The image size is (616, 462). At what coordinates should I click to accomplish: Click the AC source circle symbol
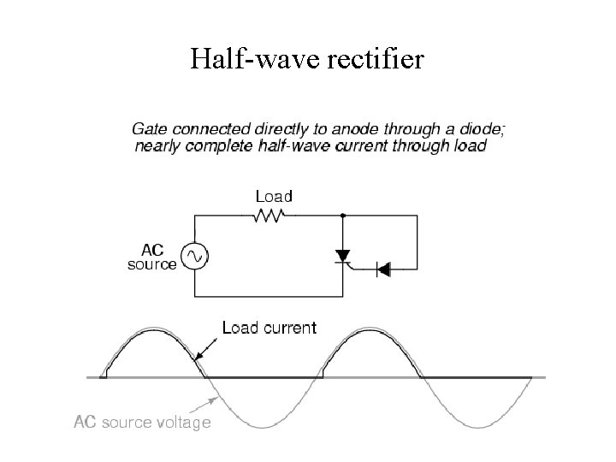point(194,255)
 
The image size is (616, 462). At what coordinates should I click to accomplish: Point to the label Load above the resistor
point(273,197)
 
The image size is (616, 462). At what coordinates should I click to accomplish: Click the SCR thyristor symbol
point(343,255)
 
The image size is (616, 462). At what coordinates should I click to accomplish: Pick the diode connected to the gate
point(383,269)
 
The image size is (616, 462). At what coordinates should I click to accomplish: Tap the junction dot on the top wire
point(343,216)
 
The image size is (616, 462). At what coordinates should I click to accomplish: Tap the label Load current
point(269,327)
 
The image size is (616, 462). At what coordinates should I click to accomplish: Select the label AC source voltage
point(142,423)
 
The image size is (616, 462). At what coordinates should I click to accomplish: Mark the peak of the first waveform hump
point(151,329)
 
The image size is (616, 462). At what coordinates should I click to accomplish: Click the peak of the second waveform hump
point(375,329)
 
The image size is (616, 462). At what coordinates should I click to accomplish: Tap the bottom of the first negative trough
point(264,425)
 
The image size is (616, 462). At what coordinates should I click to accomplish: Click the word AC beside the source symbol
point(151,250)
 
